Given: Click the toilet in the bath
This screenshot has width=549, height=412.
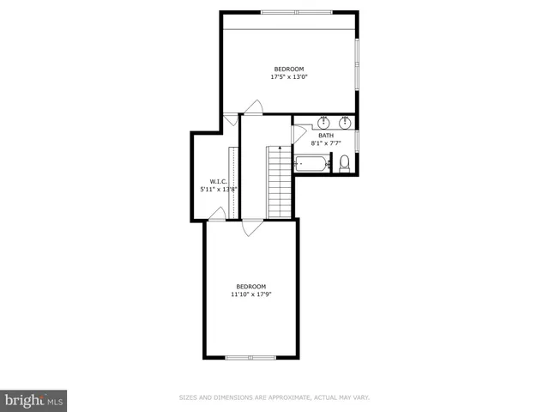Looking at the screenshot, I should [x=345, y=163].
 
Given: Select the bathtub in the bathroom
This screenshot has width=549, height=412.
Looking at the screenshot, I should [x=311, y=162].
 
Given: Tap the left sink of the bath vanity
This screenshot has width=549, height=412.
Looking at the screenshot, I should [x=324, y=122].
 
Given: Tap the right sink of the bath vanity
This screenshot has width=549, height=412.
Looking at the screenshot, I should [x=346, y=122].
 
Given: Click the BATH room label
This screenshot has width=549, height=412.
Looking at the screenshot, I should [x=326, y=136].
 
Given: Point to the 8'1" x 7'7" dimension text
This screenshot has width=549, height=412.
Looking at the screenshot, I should [x=326, y=143].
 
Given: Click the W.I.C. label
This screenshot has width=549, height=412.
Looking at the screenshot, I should [x=218, y=181].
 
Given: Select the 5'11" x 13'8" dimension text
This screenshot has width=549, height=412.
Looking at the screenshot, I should [x=218, y=189].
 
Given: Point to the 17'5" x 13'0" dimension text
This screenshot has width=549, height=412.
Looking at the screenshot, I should [x=289, y=76].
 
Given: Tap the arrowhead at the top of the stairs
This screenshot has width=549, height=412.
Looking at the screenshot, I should [x=280, y=148].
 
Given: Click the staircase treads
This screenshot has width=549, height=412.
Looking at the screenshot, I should [x=280, y=185].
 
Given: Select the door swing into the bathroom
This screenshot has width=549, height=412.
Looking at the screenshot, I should [x=299, y=134].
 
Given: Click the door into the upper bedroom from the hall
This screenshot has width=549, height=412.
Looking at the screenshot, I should [x=253, y=106].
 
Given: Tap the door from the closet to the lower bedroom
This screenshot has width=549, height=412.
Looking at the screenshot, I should [x=218, y=214].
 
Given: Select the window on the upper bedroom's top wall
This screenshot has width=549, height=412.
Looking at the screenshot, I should [x=290, y=12].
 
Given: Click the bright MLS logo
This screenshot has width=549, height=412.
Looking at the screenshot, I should [x=33, y=400].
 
